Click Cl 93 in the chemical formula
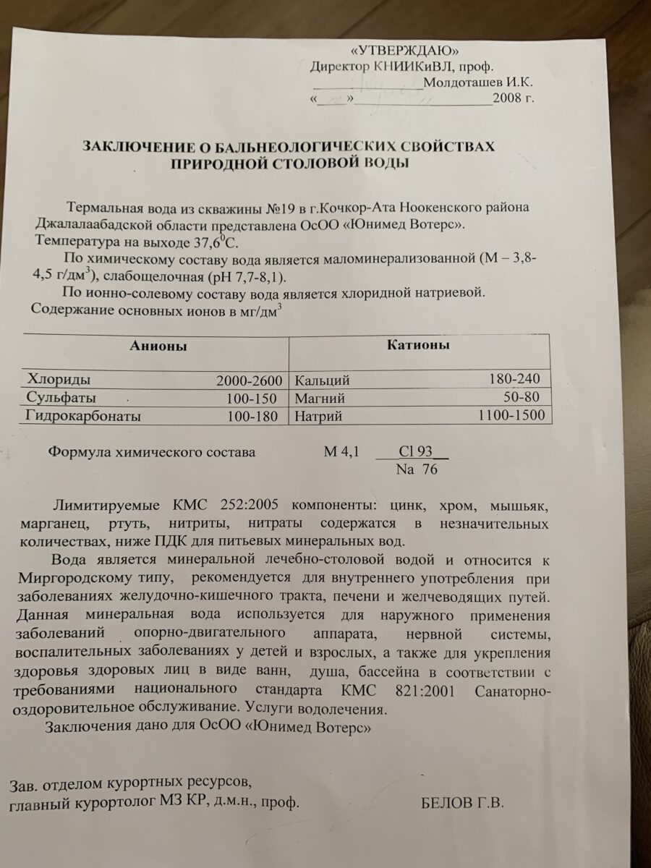pos(414,451)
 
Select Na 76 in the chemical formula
pos(417,469)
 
